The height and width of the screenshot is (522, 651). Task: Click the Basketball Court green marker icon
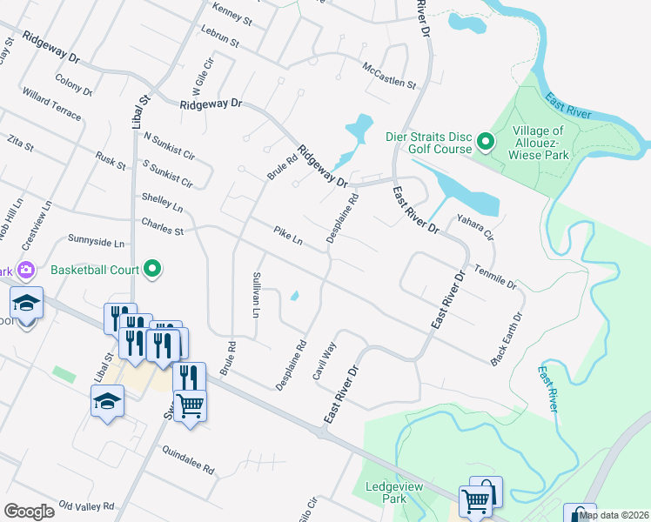[153, 269]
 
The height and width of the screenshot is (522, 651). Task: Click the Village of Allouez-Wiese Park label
[544, 143]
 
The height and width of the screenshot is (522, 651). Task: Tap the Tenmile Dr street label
[495, 278]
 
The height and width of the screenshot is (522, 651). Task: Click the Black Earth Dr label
[509, 338]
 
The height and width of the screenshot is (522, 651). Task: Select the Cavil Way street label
[325, 360]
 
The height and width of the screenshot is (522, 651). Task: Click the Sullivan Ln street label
[257, 294]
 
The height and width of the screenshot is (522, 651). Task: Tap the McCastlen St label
[389, 75]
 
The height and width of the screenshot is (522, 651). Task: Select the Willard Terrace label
[52, 104]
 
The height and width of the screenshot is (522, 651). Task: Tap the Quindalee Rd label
[188, 458]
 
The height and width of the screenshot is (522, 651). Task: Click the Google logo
[29, 512]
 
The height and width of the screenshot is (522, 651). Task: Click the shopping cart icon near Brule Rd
[190, 403]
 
